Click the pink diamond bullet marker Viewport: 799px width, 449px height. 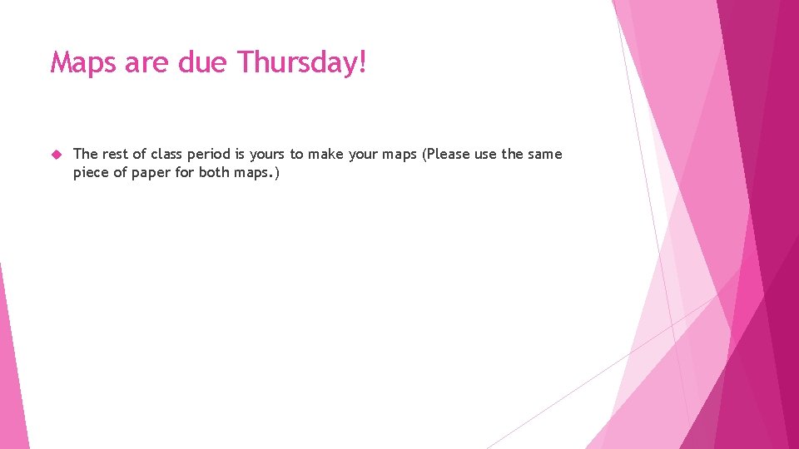click(57, 155)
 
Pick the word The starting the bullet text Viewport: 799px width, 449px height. click(86, 154)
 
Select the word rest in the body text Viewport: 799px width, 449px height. click(116, 154)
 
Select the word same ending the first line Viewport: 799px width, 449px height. click(545, 154)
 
